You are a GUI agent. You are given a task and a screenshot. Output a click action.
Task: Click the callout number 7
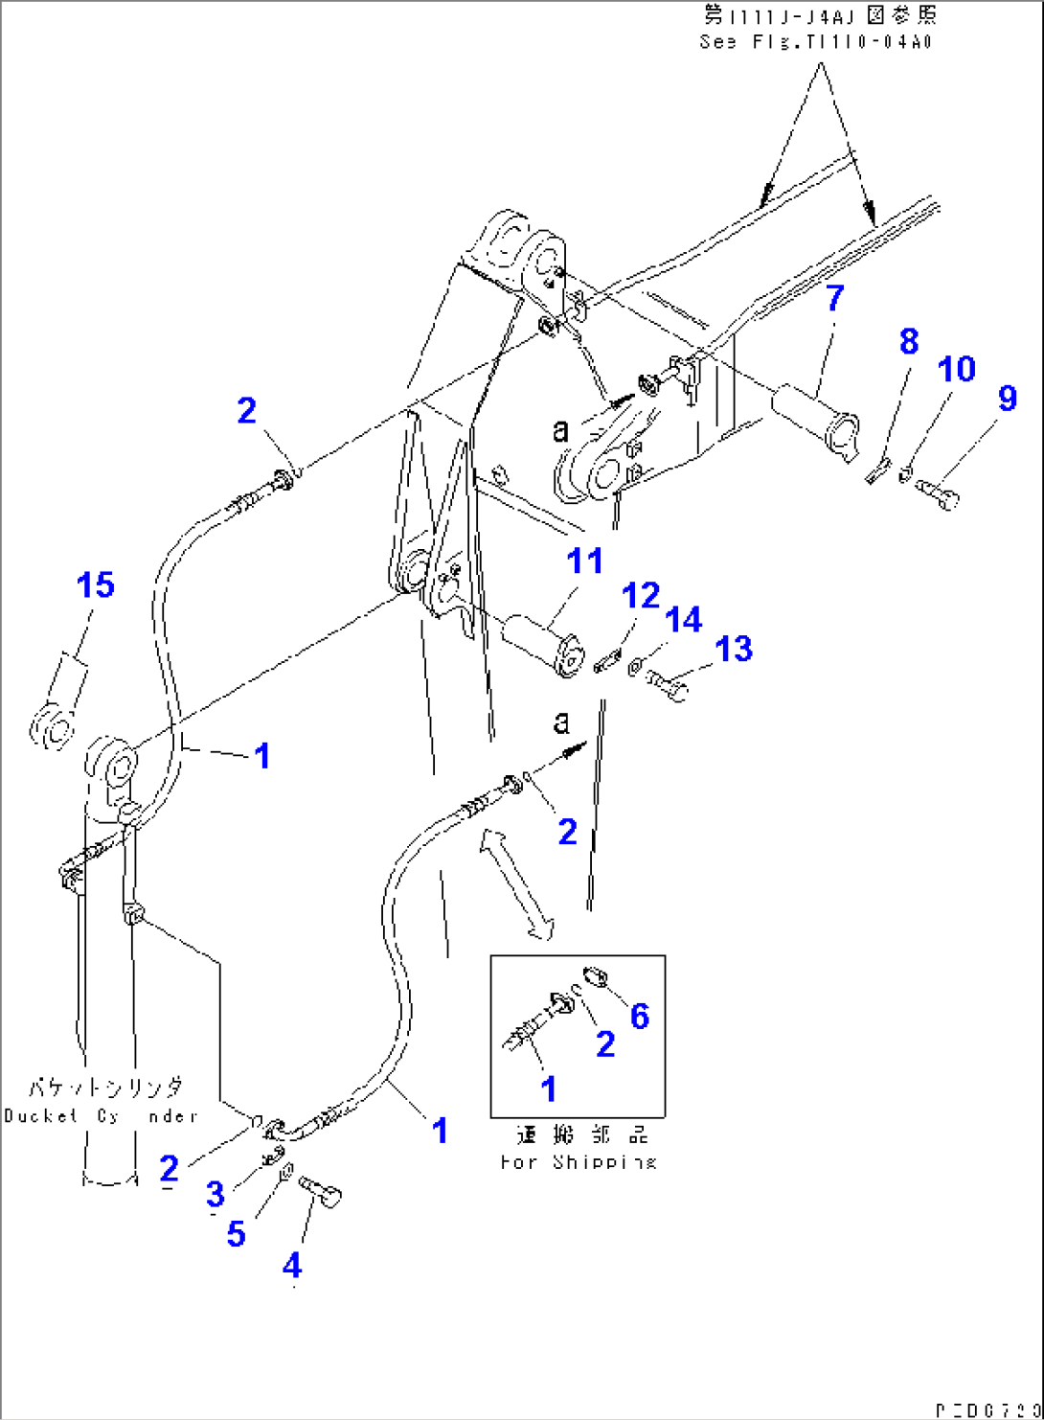(x=835, y=299)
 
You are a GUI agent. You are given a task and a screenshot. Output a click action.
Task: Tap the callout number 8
(x=909, y=341)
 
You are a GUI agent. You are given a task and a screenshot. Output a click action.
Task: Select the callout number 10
(x=956, y=370)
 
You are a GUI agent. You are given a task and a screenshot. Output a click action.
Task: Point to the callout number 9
(x=1007, y=399)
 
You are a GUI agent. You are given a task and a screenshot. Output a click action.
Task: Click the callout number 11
(x=584, y=561)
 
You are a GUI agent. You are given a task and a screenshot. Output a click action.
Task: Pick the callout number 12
(x=641, y=596)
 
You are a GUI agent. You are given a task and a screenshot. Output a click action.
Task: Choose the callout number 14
(x=684, y=620)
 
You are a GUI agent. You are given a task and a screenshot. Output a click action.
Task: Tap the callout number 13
(x=734, y=650)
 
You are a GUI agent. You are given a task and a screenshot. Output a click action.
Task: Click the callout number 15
(x=96, y=585)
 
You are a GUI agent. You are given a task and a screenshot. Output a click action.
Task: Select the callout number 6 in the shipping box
(x=640, y=1016)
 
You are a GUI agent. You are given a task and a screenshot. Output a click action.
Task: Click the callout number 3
(x=216, y=1194)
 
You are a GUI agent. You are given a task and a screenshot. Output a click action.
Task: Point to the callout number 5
(x=236, y=1233)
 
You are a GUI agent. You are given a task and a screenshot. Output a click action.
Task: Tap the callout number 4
(x=292, y=1266)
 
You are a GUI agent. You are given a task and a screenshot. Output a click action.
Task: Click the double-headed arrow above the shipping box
(x=517, y=885)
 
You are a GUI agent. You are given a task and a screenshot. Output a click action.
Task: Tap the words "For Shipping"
(x=579, y=1162)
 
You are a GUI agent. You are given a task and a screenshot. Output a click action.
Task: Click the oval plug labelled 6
(x=598, y=976)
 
